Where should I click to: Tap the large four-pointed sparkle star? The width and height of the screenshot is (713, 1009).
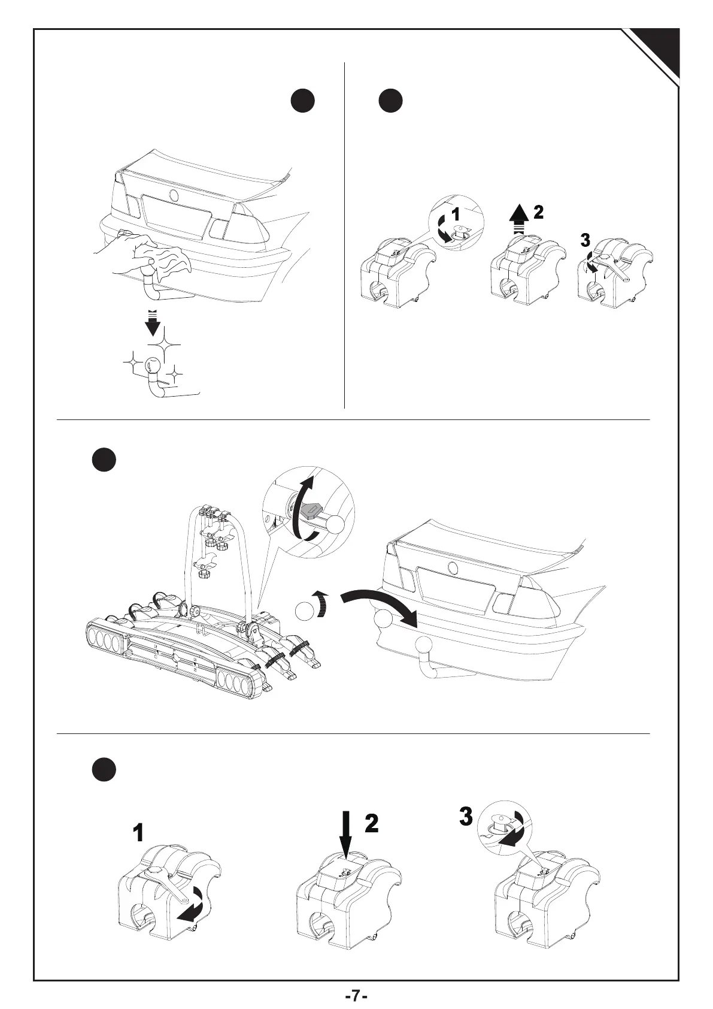coord(165,345)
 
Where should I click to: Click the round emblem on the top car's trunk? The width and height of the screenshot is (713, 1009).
coord(174,195)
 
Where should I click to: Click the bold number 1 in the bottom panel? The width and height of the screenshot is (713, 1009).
coord(138,833)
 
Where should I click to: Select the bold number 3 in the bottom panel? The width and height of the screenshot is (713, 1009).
coord(466,817)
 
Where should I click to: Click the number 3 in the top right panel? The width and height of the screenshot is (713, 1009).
coord(585,240)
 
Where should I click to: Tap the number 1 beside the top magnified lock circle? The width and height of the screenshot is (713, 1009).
coord(455,213)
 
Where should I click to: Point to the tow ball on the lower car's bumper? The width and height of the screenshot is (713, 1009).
coord(424,646)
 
